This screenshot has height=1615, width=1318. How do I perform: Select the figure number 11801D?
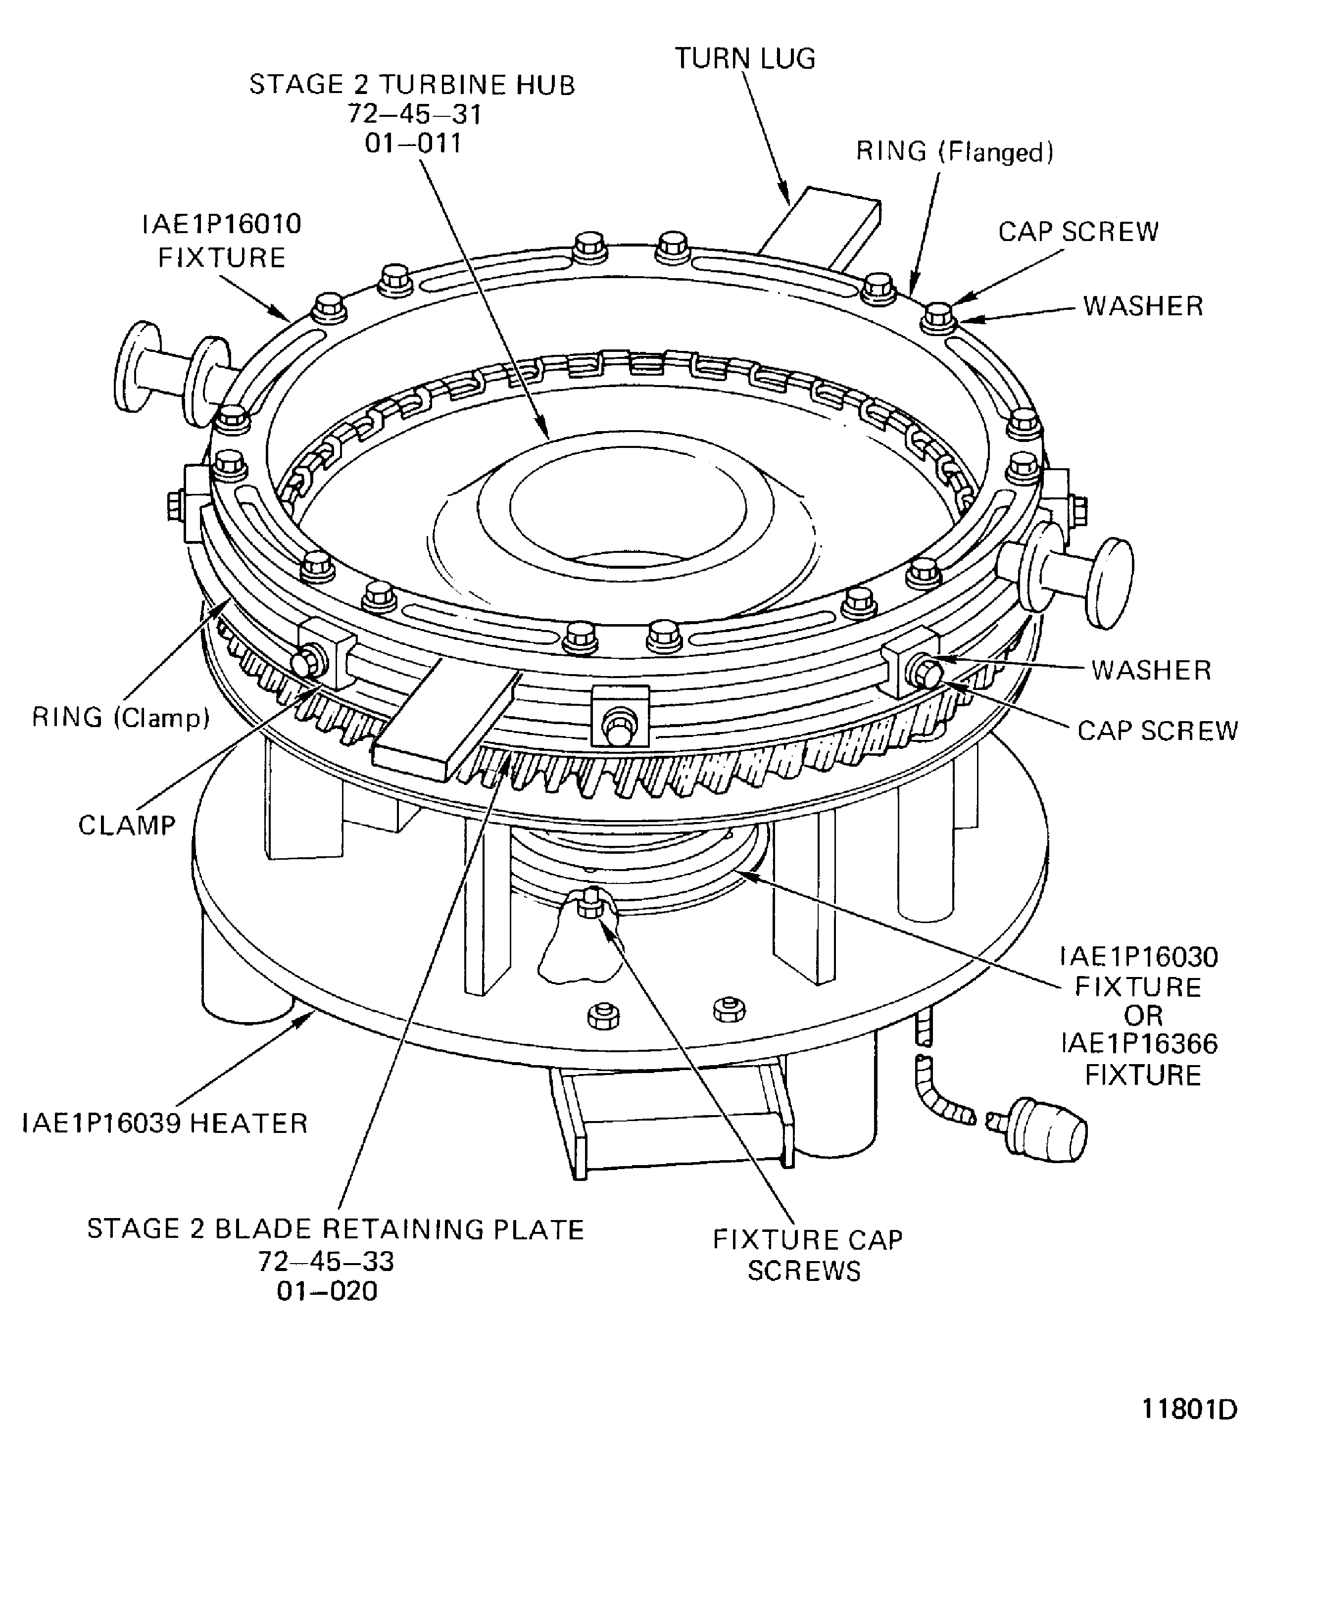(1189, 1409)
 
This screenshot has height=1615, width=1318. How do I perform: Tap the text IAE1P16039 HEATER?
(165, 1123)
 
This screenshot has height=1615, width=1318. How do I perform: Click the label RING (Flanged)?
(954, 152)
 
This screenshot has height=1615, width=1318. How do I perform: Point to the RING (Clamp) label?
(121, 718)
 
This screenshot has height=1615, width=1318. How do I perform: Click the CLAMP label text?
(127, 826)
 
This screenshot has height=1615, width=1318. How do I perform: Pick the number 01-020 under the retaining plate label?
(327, 1291)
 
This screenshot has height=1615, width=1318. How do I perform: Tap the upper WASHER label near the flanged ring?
(1143, 306)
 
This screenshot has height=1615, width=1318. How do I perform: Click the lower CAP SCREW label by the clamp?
(1157, 731)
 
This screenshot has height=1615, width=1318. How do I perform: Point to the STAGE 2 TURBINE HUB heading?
(412, 84)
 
